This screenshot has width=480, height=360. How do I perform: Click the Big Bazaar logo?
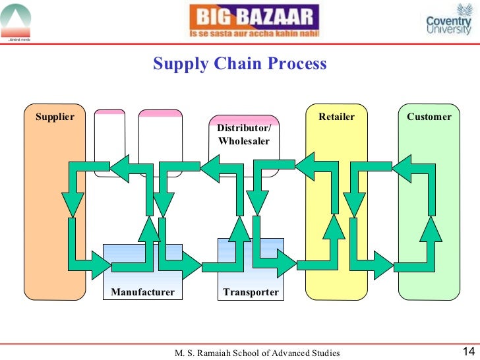pyautogui.click(x=254, y=21)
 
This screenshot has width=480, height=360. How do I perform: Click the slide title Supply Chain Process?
pyautogui.click(x=240, y=64)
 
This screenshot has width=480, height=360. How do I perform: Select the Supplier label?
pyautogui.click(x=55, y=117)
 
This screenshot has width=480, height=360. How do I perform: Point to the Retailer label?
pyautogui.click(x=336, y=117)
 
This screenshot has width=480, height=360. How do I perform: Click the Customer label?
pyautogui.click(x=429, y=117)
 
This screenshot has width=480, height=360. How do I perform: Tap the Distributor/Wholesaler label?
pyautogui.click(x=244, y=135)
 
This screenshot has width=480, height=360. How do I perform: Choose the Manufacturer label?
pyautogui.click(x=142, y=292)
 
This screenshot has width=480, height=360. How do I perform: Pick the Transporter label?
pyautogui.click(x=251, y=292)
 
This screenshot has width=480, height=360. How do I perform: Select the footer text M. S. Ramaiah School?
pyautogui.click(x=256, y=353)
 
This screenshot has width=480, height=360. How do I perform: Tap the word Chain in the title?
pyautogui.click(x=240, y=64)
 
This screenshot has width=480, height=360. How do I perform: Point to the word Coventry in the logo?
pyautogui.click(x=449, y=21)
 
